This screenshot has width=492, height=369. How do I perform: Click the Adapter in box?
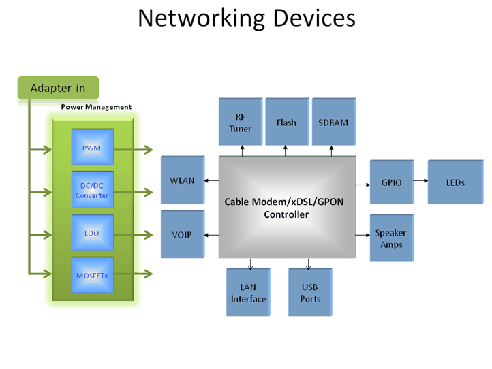click(58, 88)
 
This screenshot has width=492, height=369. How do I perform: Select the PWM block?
click(93, 149)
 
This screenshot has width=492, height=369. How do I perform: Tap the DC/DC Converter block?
click(93, 190)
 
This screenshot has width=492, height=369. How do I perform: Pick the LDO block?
click(93, 234)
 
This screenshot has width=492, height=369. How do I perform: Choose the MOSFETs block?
click(93, 275)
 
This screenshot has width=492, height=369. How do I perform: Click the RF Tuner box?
click(240, 123)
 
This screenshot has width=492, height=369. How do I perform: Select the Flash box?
click(286, 123)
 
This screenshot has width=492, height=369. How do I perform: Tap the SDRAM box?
click(333, 123)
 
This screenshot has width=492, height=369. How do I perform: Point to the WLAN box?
click(182, 180)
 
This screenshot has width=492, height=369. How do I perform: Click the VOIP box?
click(182, 235)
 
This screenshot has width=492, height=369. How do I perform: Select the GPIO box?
click(392, 182)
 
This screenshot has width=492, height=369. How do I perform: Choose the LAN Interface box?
click(248, 293)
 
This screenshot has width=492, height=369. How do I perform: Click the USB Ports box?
click(310, 293)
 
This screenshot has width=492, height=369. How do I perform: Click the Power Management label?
click(96, 107)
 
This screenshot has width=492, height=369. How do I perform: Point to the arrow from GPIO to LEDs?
click(420, 182)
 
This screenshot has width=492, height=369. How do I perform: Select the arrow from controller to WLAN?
click(211, 180)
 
